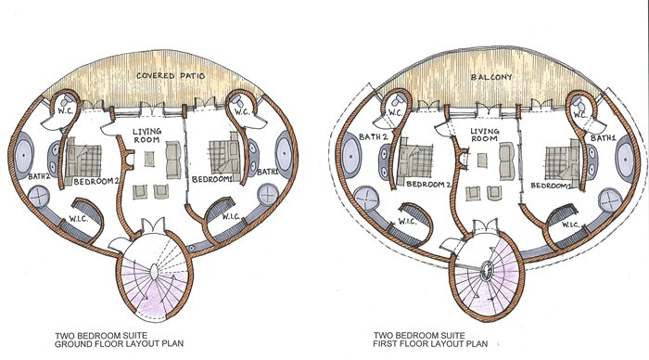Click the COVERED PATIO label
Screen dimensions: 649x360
[171, 76]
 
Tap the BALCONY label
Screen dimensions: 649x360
[491, 77]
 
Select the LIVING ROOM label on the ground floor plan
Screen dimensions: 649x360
[146, 135]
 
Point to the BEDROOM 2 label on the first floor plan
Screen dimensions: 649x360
[428, 185]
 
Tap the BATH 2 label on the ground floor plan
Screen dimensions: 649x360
[39, 176]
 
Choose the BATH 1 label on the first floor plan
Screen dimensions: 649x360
[604, 138]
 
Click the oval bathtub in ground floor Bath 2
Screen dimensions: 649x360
[24, 155]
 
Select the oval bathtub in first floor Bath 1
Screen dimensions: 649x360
[626, 159]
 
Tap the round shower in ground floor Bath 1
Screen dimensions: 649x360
[268, 194]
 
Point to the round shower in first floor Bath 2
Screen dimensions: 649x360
[367, 199]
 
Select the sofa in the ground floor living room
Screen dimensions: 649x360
[173, 160]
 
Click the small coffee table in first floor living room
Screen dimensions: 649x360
[482, 161]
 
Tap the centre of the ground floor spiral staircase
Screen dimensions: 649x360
[153, 273]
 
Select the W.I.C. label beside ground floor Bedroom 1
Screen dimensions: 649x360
[230, 217]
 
